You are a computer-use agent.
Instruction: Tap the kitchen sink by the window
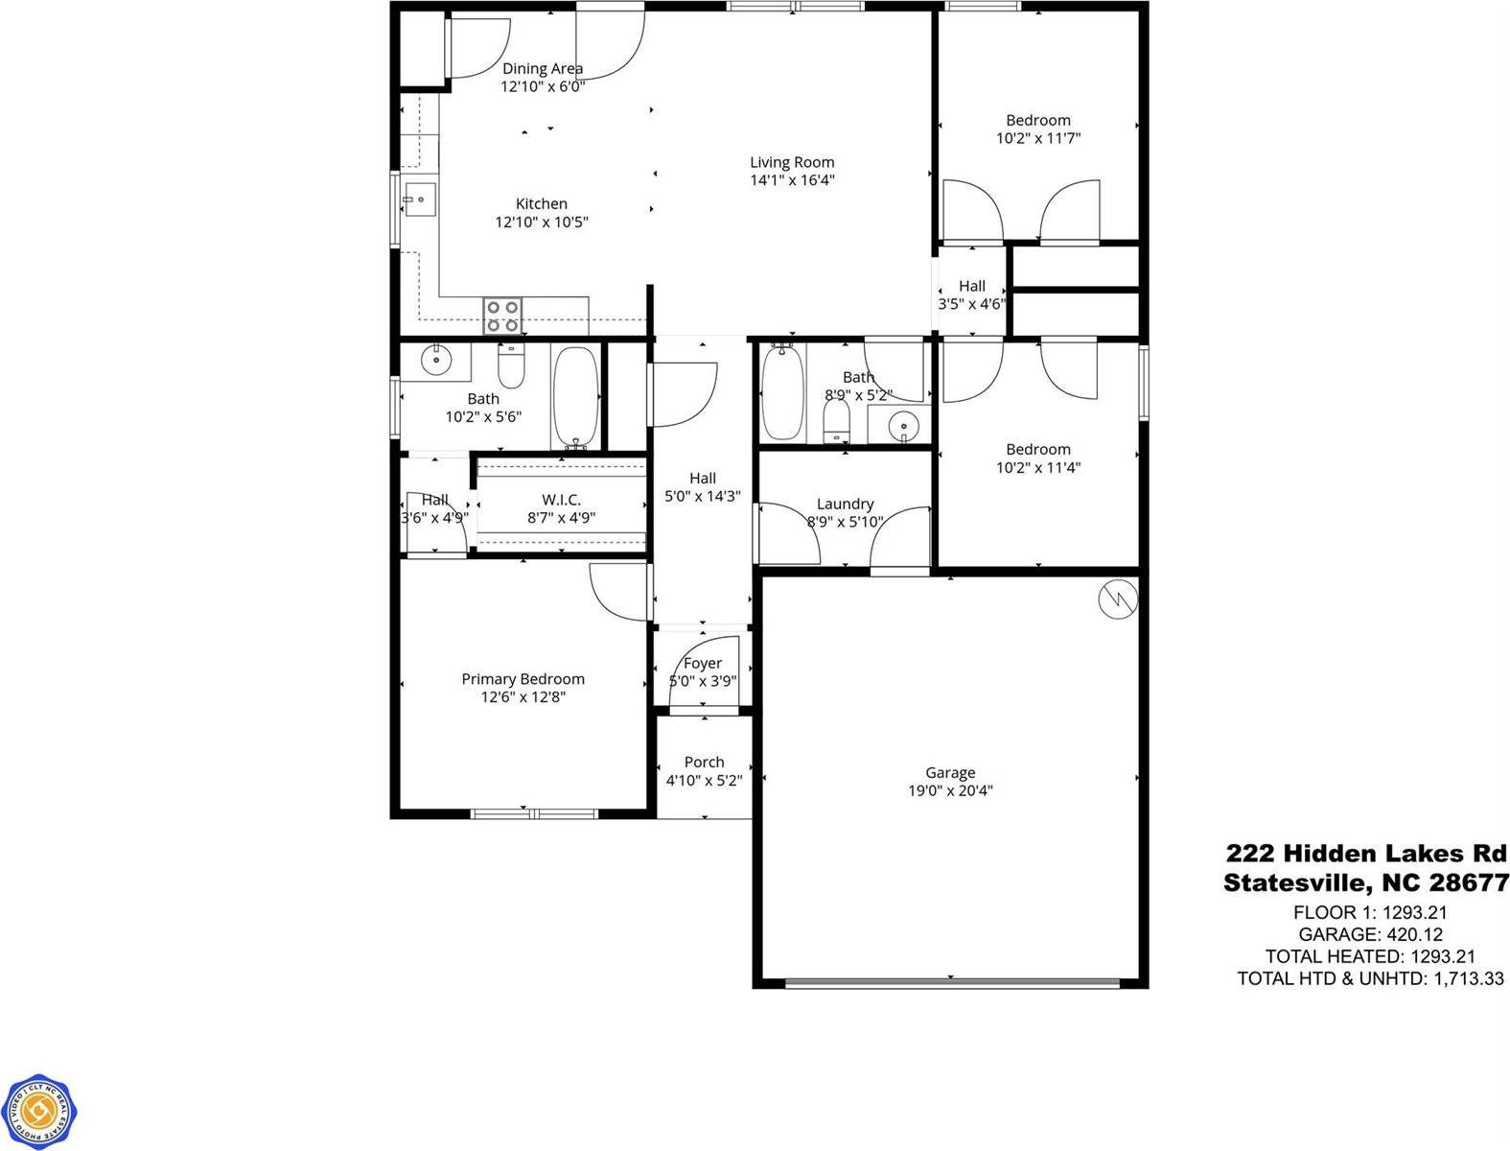418,200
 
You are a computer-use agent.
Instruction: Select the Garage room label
950,772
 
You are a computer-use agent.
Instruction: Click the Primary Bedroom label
523,679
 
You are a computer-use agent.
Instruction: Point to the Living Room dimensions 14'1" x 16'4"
792,180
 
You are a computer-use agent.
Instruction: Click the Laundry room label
845,504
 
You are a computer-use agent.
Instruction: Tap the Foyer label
703,663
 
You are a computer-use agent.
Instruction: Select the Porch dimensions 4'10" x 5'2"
704,781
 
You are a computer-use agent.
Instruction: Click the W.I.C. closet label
561,500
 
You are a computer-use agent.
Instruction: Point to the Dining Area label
543,68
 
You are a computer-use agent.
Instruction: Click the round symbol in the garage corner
1118,599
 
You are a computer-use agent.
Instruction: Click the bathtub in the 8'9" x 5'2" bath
782,393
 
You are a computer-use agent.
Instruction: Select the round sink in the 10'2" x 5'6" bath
436,362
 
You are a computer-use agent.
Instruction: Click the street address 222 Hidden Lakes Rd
1366,854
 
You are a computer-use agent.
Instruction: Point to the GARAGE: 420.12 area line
1370,934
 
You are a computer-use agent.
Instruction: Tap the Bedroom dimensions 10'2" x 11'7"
1038,138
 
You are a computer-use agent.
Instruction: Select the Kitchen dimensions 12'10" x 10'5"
541,222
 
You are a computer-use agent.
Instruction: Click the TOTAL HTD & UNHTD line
1370,978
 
